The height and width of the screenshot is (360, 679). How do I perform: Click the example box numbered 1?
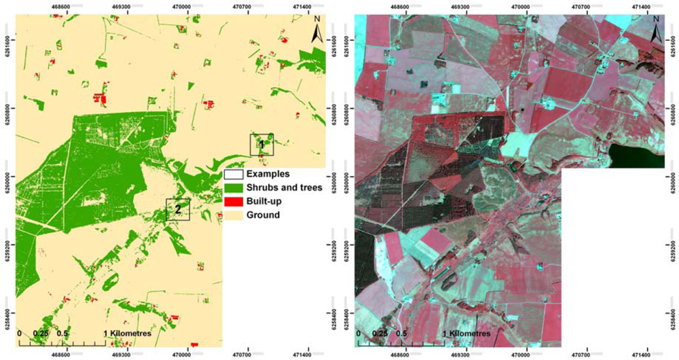(x=261, y=144)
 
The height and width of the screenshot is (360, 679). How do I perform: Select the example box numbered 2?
(x=178, y=209)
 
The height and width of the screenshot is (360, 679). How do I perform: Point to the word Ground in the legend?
(x=263, y=215)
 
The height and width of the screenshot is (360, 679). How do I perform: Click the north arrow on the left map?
(x=316, y=31)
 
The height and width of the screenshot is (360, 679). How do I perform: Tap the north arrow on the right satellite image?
(x=656, y=31)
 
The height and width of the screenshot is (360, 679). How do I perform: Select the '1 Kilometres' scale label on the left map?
(x=127, y=334)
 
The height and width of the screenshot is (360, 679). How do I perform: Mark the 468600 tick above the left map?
(x=60, y=5)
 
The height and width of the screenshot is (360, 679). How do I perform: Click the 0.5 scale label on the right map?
(x=401, y=334)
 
